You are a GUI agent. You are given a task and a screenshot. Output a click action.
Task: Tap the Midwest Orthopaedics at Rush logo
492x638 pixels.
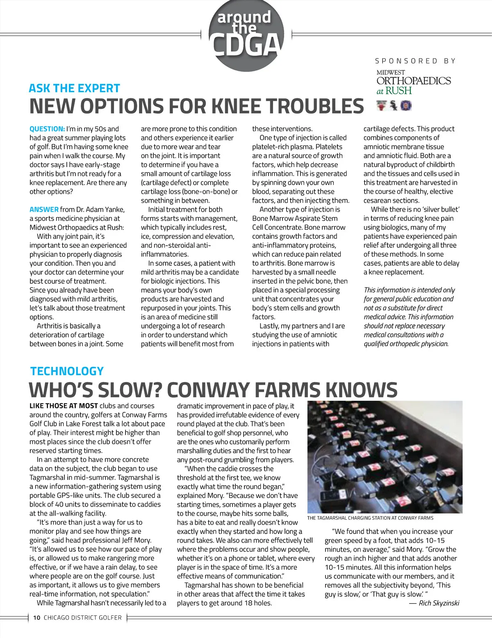[413, 82]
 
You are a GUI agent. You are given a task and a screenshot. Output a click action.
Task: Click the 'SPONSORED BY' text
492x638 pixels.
[415, 61]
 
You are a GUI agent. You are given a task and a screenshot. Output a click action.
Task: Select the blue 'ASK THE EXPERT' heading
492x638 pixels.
[74, 88]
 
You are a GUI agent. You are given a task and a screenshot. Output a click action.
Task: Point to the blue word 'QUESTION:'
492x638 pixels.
[47, 129]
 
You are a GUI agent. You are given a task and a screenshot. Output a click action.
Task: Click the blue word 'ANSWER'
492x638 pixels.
[44, 210]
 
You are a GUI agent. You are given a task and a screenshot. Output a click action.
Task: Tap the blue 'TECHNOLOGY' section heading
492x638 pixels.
[67, 371]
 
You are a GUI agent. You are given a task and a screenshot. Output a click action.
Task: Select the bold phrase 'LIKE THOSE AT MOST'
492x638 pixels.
[64, 406]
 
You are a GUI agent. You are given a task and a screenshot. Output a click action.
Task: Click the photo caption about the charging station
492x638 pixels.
[370, 518]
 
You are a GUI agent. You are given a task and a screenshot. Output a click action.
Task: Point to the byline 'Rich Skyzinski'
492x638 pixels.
[439, 603]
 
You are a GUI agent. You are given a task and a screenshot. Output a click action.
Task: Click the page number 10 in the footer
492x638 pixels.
[37, 618]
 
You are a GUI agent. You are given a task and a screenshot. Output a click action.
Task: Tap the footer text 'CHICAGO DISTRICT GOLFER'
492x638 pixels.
[83, 618]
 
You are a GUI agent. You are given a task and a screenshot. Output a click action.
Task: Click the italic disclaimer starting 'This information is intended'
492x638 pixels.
[409, 317]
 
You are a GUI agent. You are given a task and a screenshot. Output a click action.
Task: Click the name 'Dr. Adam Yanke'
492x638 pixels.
[100, 210]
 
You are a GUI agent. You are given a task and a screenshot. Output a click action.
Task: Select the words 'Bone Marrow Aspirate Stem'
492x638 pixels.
[295, 219]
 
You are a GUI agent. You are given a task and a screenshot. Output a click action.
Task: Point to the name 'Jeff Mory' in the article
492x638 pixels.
[136, 541]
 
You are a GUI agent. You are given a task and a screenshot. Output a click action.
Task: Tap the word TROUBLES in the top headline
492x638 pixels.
[315, 106]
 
